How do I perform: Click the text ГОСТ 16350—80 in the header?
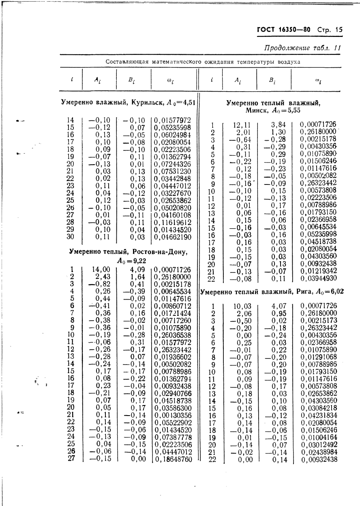(283, 29)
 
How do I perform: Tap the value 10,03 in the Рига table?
(242, 306)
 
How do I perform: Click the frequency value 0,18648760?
(172, 459)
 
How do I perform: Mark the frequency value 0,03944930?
(318, 279)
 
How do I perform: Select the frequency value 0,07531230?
(172, 171)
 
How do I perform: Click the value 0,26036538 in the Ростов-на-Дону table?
(172, 335)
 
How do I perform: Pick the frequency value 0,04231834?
(319, 416)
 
